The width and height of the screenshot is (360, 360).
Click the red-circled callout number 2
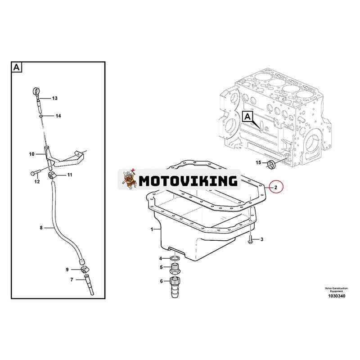pos(276,187)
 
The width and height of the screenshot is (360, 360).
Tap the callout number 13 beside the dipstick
pos(54,98)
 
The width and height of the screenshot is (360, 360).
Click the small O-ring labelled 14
pos(40,116)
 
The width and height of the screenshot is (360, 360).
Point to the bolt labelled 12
pos(35,172)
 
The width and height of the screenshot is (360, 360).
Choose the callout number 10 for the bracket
pos(31,154)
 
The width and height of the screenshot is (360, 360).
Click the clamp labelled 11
pos(52,175)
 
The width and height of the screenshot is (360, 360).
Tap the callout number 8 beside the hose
pos(41,228)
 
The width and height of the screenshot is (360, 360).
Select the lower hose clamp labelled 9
pos(85,269)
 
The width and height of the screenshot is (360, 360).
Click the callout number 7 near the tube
pos(72,279)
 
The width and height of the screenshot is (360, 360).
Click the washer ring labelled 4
pos(175,259)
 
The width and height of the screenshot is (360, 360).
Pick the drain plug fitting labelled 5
pos(175,269)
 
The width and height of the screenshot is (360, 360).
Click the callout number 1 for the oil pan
pos(152,229)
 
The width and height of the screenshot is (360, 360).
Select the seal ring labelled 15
pos(272,164)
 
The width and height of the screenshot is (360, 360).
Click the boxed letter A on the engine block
pos(247,117)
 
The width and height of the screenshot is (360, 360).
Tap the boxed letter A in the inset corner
pos(17,67)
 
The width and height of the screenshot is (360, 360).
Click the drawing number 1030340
pos(336,296)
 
